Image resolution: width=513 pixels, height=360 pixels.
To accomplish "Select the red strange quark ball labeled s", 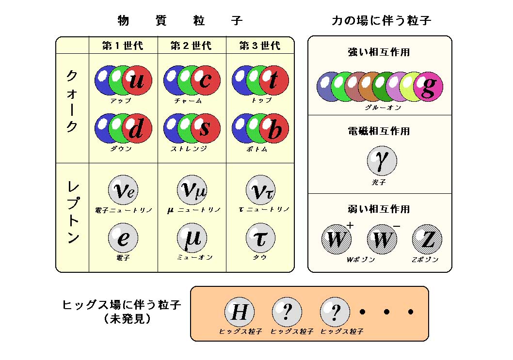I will coord(205,128).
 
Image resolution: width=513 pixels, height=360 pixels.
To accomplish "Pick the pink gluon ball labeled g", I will coord(428,86).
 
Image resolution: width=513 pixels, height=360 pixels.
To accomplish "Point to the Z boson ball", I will coord(427,239).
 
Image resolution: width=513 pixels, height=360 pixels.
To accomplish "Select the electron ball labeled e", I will coord(123,238).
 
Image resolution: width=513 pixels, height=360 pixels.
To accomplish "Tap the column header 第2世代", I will coord(191,46).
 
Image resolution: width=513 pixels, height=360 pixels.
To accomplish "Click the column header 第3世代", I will coord(260,46).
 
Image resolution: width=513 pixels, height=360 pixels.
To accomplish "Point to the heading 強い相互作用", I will coord(379,52).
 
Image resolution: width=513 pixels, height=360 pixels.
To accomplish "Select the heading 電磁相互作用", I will coord(379,131).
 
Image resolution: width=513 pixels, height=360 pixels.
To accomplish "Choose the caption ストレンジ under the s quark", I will coord(189,149).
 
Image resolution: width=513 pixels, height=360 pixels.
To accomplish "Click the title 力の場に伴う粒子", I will coord(381,20).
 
